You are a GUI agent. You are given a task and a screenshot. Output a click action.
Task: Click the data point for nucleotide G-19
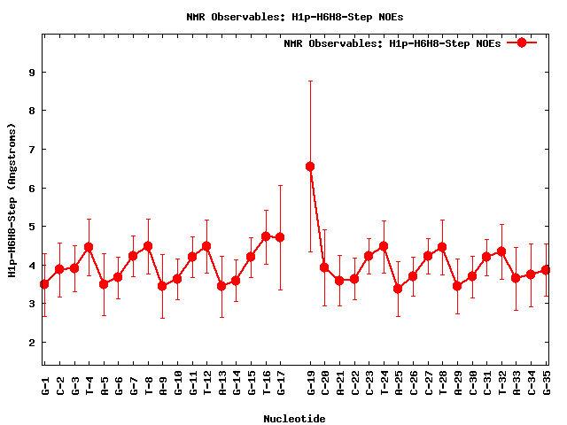pyautogui.click(x=310, y=166)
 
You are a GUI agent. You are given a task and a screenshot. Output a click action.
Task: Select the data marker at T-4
pyautogui.click(x=89, y=246)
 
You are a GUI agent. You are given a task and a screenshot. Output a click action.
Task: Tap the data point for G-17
pyautogui.click(x=280, y=237)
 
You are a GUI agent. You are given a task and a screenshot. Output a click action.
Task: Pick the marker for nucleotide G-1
pyautogui.click(x=44, y=284)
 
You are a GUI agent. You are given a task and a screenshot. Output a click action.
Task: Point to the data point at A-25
pyautogui.click(x=399, y=289)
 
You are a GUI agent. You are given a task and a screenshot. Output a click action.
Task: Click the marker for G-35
pyautogui.click(x=547, y=270)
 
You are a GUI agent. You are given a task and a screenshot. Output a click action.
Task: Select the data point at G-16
pyautogui.click(x=266, y=236)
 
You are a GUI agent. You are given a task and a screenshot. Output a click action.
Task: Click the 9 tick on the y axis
pyautogui.click(x=32, y=73)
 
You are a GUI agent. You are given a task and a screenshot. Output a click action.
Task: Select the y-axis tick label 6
pyautogui.click(x=32, y=189)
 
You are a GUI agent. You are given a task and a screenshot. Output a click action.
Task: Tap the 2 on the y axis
pyautogui.click(x=32, y=343)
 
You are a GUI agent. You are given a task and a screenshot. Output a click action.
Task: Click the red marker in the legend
pyautogui.click(x=522, y=42)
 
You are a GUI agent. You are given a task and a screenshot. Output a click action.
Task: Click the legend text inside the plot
pyautogui.click(x=392, y=42)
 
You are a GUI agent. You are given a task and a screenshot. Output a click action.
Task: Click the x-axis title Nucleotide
pyautogui.click(x=295, y=417)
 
